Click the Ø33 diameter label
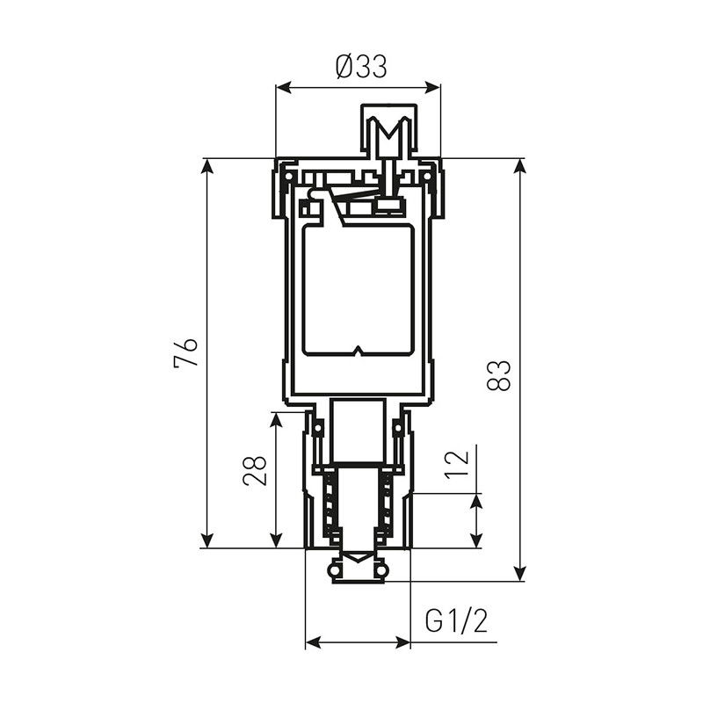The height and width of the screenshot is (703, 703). [361, 68]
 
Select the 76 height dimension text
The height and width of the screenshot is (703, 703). [185, 353]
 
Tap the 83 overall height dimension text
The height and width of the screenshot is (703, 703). [498, 375]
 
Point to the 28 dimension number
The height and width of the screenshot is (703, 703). [255, 471]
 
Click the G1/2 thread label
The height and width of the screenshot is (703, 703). [456, 621]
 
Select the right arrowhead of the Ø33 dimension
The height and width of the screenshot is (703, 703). [432, 87]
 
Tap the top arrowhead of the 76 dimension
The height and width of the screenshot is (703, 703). [207, 167]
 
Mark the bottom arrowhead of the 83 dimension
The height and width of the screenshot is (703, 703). [519, 573]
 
